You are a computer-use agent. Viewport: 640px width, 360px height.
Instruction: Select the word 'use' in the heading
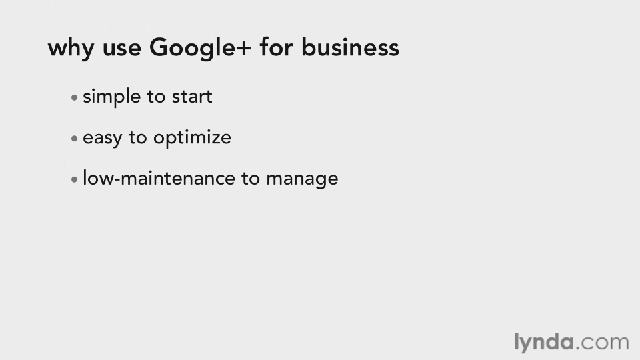tap(121, 49)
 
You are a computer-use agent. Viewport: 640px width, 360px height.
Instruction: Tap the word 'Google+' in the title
tap(200, 48)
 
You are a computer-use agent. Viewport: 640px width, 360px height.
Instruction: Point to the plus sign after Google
tap(243, 48)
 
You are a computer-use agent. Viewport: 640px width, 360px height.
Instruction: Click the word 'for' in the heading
tap(276, 47)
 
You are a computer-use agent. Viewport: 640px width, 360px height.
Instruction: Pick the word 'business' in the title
tap(350, 47)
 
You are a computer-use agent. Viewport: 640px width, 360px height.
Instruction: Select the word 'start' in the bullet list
tap(192, 97)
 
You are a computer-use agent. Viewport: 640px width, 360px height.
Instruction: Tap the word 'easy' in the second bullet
tap(103, 139)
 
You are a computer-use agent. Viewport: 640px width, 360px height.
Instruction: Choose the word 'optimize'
tap(192, 138)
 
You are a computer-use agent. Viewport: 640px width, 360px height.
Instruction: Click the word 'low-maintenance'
tap(159, 179)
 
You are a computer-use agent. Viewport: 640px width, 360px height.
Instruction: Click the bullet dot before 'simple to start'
tap(74, 97)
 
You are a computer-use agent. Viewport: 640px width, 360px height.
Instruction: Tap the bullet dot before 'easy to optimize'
tap(74, 139)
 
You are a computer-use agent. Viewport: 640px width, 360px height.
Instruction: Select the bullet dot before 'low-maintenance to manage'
tap(74, 179)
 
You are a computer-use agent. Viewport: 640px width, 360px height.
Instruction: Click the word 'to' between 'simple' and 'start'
tap(156, 97)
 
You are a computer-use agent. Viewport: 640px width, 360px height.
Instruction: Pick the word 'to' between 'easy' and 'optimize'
tap(137, 138)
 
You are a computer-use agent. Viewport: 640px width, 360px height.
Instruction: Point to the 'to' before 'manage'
tap(251, 179)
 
